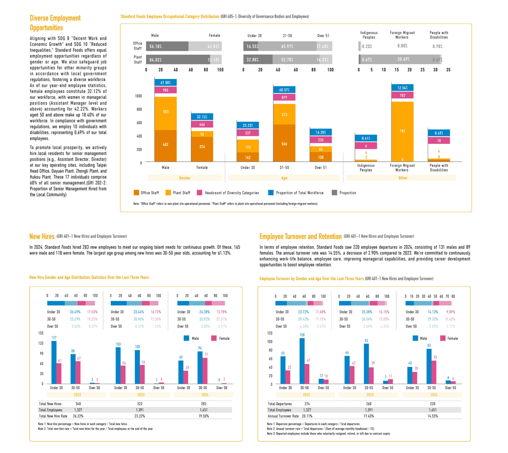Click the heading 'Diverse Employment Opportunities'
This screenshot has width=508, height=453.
(55, 23)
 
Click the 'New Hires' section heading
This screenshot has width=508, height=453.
(42, 237)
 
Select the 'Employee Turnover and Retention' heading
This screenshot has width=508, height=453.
(300, 237)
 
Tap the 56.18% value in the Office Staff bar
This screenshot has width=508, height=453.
(155, 46)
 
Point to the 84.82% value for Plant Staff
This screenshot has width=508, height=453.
(155, 60)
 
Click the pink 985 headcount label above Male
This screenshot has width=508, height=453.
(165, 90)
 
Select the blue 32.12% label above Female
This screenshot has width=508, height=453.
(202, 117)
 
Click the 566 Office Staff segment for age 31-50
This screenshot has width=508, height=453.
(284, 144)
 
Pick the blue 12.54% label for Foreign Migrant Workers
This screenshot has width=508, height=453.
(402, 88)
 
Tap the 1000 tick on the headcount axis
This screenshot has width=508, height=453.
(138, 96)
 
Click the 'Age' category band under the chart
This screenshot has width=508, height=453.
(284, 178)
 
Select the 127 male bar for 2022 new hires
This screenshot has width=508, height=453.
(54, 362)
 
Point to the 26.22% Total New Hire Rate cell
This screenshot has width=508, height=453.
(78, 416)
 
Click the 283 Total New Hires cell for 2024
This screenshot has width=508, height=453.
(203, 404)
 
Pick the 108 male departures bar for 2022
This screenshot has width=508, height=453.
(302, 361)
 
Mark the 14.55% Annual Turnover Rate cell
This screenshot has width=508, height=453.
(433, 416)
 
